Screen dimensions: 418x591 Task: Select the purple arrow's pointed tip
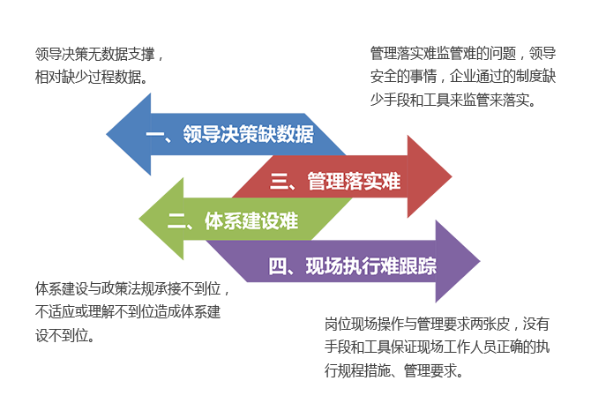pos(478,262)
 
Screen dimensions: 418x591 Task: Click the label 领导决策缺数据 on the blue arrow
pos(249,135)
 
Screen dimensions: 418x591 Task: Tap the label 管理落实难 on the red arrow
pos(354,182)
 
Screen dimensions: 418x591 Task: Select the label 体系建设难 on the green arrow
pos(251,220)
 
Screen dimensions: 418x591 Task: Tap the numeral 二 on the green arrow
pos(177,221)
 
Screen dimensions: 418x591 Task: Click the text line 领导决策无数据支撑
pos(99,55)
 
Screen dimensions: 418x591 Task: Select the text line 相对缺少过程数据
pos(90,76)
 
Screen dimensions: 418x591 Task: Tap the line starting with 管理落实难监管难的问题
pos(462,55)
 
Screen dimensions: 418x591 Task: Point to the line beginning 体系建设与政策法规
pos(132,289)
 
